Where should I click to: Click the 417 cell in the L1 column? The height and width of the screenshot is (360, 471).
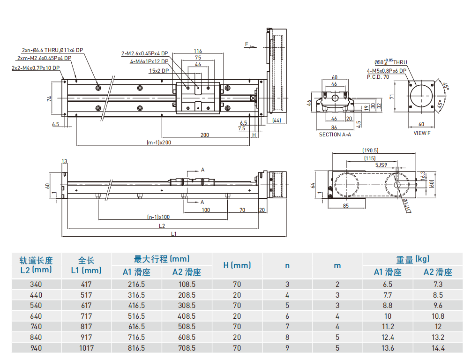click(86, 284)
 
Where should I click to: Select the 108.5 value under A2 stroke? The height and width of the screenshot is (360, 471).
click(187, 284)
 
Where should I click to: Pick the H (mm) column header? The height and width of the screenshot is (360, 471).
click(237, 265)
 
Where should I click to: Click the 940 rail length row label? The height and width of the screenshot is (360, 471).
click(36, 348)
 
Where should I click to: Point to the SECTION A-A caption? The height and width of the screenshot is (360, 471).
click(335, 135)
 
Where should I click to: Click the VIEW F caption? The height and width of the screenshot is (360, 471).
click(421, 133)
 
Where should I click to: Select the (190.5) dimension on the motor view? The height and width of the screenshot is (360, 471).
click(370, 150)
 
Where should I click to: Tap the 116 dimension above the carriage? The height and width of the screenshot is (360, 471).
click(197, 51)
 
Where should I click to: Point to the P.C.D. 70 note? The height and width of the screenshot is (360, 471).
click(378, 76)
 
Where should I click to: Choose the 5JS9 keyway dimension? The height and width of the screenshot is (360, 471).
click(381, 165)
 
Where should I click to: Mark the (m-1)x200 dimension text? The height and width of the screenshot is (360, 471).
click(159, 142)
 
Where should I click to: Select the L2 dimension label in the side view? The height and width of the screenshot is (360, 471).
click(162, 226)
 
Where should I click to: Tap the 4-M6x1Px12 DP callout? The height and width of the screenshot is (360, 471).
click(149, 61)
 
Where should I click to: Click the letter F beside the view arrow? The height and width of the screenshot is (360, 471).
click(246, 44)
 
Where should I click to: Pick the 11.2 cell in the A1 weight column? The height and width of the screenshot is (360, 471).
click(388, 327)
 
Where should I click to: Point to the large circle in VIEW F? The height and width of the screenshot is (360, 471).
click(422, 97)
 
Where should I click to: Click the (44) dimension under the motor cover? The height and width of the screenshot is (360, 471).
click(276, 121)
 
